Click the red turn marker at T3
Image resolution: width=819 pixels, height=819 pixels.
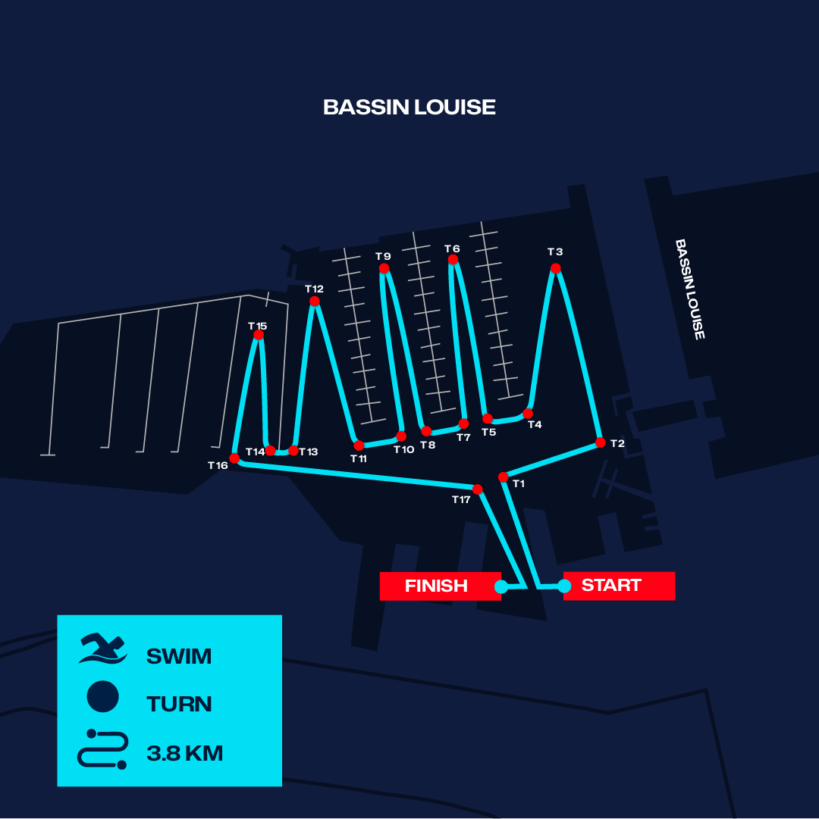(x=556, y=268)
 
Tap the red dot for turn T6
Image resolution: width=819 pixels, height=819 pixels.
(x=453, y=260)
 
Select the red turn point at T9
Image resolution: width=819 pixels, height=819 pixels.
(x=384, y=268)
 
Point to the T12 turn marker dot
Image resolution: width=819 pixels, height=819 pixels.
(x=315, y=301)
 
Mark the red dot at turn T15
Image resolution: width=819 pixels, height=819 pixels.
(x=259, y=335)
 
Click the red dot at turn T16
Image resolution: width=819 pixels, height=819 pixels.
(x=234, y=458)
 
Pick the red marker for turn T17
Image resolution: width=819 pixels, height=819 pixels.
(x=478, y=489)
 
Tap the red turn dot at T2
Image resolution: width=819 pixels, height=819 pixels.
(x=601, y=443)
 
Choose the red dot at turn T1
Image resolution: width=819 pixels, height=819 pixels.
(x=504, y=477)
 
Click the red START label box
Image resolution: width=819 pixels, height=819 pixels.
(x=620, y=586)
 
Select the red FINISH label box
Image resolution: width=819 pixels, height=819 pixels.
(x=441, y=586)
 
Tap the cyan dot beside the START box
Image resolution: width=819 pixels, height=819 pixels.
(x=564, y=586)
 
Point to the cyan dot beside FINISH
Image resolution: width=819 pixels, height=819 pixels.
(x=500, y=586)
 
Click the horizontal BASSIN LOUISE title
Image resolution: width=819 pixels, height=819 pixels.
(x=409, y=107)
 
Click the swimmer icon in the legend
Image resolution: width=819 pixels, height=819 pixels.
(x=102, y=649)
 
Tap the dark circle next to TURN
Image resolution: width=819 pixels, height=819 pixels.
(x=102, y=697)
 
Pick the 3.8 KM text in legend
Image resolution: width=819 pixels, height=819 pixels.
(x=185, y=753)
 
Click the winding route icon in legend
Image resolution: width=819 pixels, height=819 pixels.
(x=102, y=749)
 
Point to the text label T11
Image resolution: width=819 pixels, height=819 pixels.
(x=359, y=458)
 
